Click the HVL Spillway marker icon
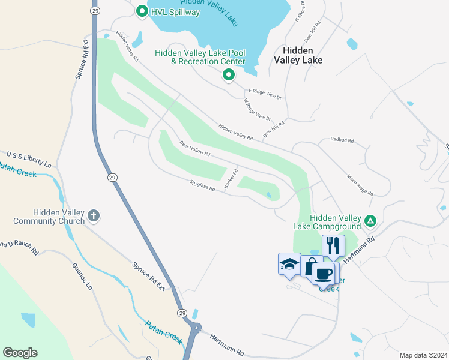click(142, 11)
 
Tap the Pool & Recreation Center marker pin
click(228, 75)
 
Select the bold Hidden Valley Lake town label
click(298, 55)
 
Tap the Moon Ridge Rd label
click(360, 185)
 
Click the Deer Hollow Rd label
click(195, 149)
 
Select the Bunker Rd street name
click(231, 179)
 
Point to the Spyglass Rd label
click(202, 188)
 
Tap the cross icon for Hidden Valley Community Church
click(93, 215)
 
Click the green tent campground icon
click(371, 221)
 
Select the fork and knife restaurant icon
click(333, 245)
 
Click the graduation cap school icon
click(289, 263)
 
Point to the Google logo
click(20, 353)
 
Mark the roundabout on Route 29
click(196, 326)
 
